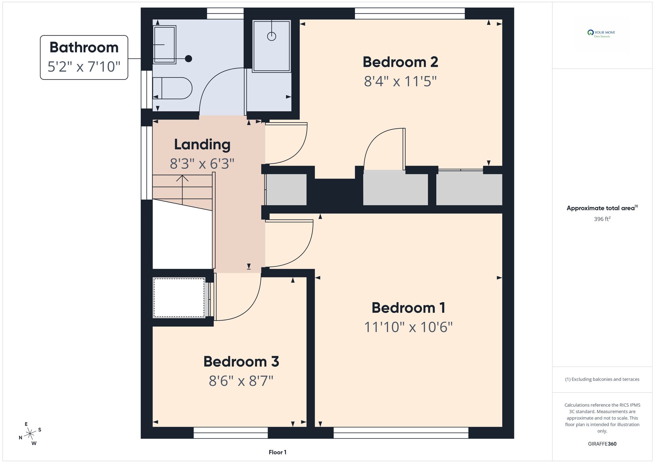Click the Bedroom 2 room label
click(400, 62)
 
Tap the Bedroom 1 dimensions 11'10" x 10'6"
click(408, 327)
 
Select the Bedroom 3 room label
click(241, 361)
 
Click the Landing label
click(202, 145)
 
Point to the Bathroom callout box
click(84, 57)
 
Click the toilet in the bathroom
click(172, 88)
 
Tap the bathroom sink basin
click(165, 44)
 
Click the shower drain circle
click(271, 36)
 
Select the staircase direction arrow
click(182, 190)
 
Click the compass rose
click(30, 434)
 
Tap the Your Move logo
click(601, 34)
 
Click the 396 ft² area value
click(602, 219)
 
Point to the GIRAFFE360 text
click(602, 444)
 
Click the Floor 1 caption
click(277, 452)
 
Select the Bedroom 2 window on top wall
click(410, 13)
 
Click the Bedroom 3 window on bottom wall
click(231, 433)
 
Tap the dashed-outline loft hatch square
click(179, 298)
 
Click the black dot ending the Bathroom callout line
click(188, 59)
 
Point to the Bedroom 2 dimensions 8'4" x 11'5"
click(400, 81)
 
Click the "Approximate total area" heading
click(602, 208)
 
